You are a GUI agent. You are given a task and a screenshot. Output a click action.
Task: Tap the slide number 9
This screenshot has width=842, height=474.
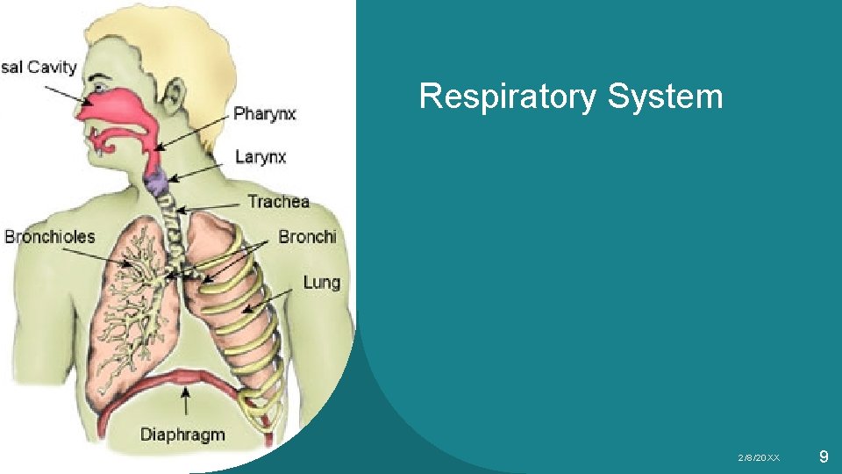click(823, 456)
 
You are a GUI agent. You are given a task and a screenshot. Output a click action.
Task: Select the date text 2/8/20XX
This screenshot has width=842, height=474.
click(759, 458)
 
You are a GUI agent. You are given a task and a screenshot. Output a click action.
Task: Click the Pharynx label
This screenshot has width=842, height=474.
click(265, 113)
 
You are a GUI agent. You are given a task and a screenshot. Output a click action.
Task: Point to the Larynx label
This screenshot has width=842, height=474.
click(260, 157)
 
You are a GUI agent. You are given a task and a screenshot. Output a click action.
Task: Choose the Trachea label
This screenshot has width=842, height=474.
click(278, 202)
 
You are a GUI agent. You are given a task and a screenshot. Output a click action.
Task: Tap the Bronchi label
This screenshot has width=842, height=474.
click(307, 236)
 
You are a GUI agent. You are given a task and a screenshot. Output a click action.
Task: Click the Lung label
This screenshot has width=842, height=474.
click(321, 282)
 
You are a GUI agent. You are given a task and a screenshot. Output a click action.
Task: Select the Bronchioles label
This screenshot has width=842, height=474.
click(50, 236)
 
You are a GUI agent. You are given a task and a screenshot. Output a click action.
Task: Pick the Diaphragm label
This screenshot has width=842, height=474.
click(182, 434)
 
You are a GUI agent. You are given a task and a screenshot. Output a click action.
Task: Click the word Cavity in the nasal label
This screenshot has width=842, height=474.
click(52, 67)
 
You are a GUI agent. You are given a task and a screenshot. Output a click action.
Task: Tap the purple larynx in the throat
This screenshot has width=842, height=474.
click(158, 183)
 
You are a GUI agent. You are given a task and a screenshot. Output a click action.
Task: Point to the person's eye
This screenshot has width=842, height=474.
click(103, 89)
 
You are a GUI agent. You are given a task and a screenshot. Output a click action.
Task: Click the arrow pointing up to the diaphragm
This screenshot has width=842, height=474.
click(185, 405)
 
